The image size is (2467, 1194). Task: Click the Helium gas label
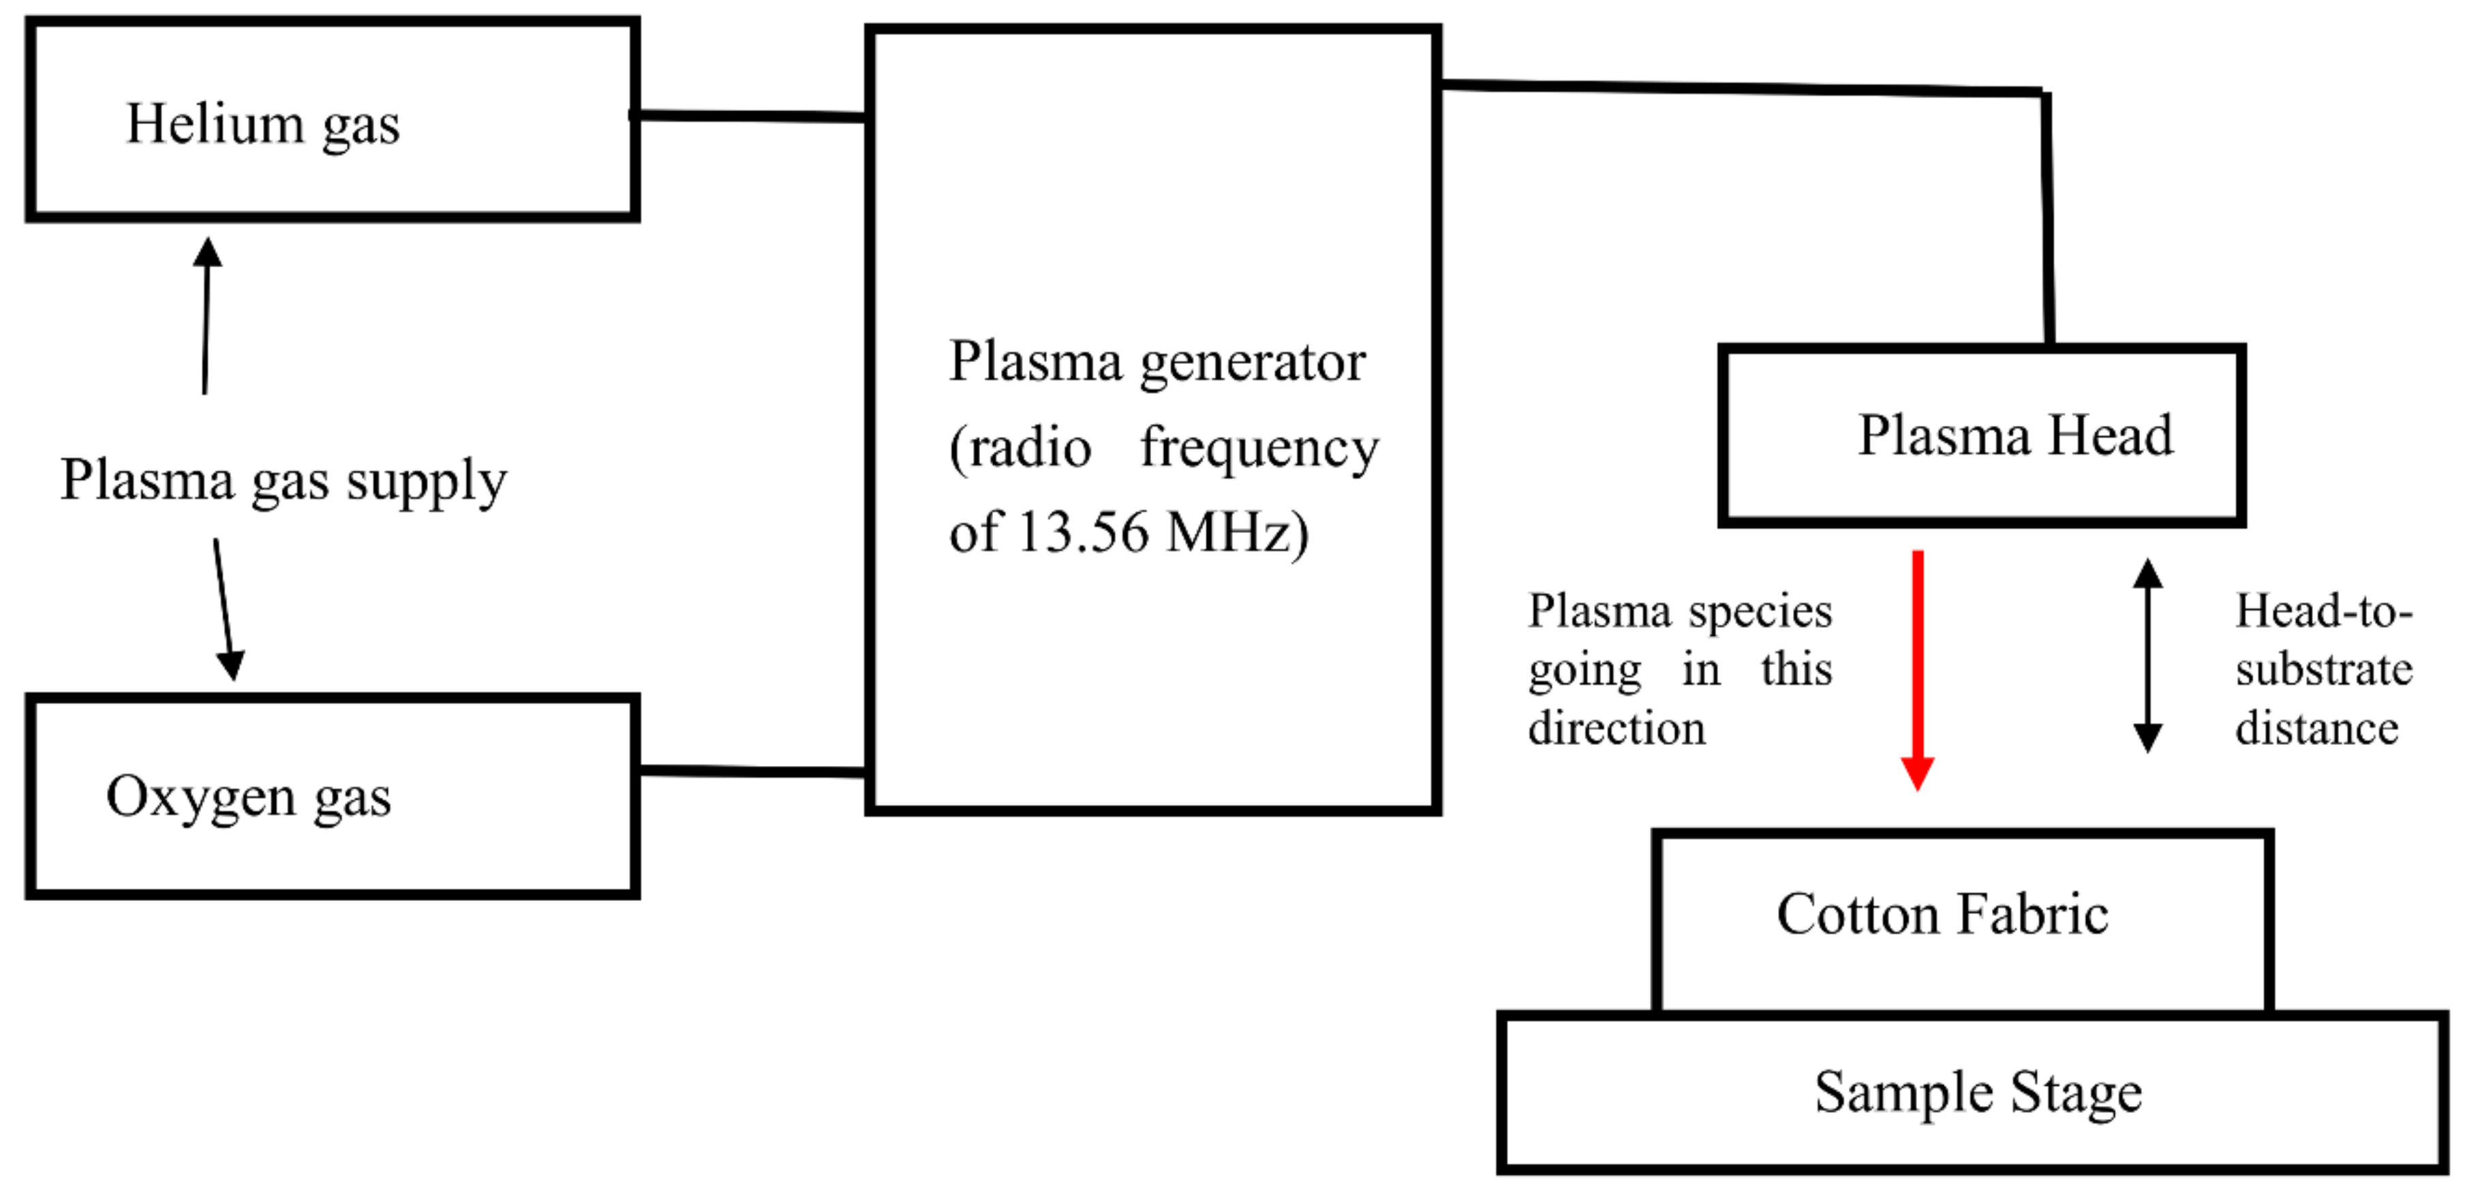click(x=262, y=125)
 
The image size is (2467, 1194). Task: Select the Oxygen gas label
click(x=248, y=797)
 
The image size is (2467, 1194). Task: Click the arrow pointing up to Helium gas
click(x=206, y=316)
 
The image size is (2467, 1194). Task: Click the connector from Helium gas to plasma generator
click(x=752, y=117)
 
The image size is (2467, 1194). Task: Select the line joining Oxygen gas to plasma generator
click(x=752, y=770)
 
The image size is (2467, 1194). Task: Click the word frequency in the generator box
click(x=1259, y=447)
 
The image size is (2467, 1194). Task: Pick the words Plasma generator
click(x=1157, y=362)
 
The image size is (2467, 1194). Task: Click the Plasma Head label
click(x=2015, y=435)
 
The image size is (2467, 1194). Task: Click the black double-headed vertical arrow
click(x=2147, y=656)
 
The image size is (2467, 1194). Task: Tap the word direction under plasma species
click(x=1616, y=728)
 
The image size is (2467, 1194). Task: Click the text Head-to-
click(x=2323, y=611)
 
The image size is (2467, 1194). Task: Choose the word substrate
click(x=2323, y=669)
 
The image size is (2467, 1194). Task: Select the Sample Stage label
click(x=1978, y=1092)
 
